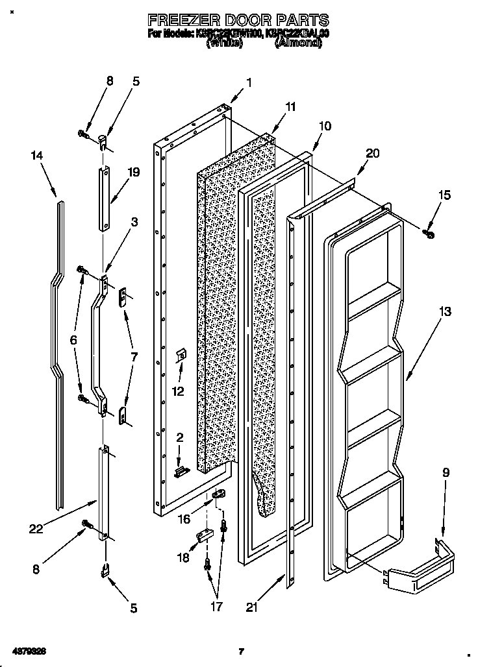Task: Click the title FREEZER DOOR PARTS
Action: (238, 20)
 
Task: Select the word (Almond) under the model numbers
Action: (298, 43)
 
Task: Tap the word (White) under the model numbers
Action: (225, 43)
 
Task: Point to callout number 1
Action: (249, 82)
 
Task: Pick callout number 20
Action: (372, 153)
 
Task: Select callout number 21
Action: (251, 607)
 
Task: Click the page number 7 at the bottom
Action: (240, 651)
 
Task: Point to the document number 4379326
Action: (27, 650)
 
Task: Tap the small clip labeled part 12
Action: (182, 356)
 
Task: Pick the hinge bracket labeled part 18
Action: (204, 535)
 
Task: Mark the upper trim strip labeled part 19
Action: (104, 198)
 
